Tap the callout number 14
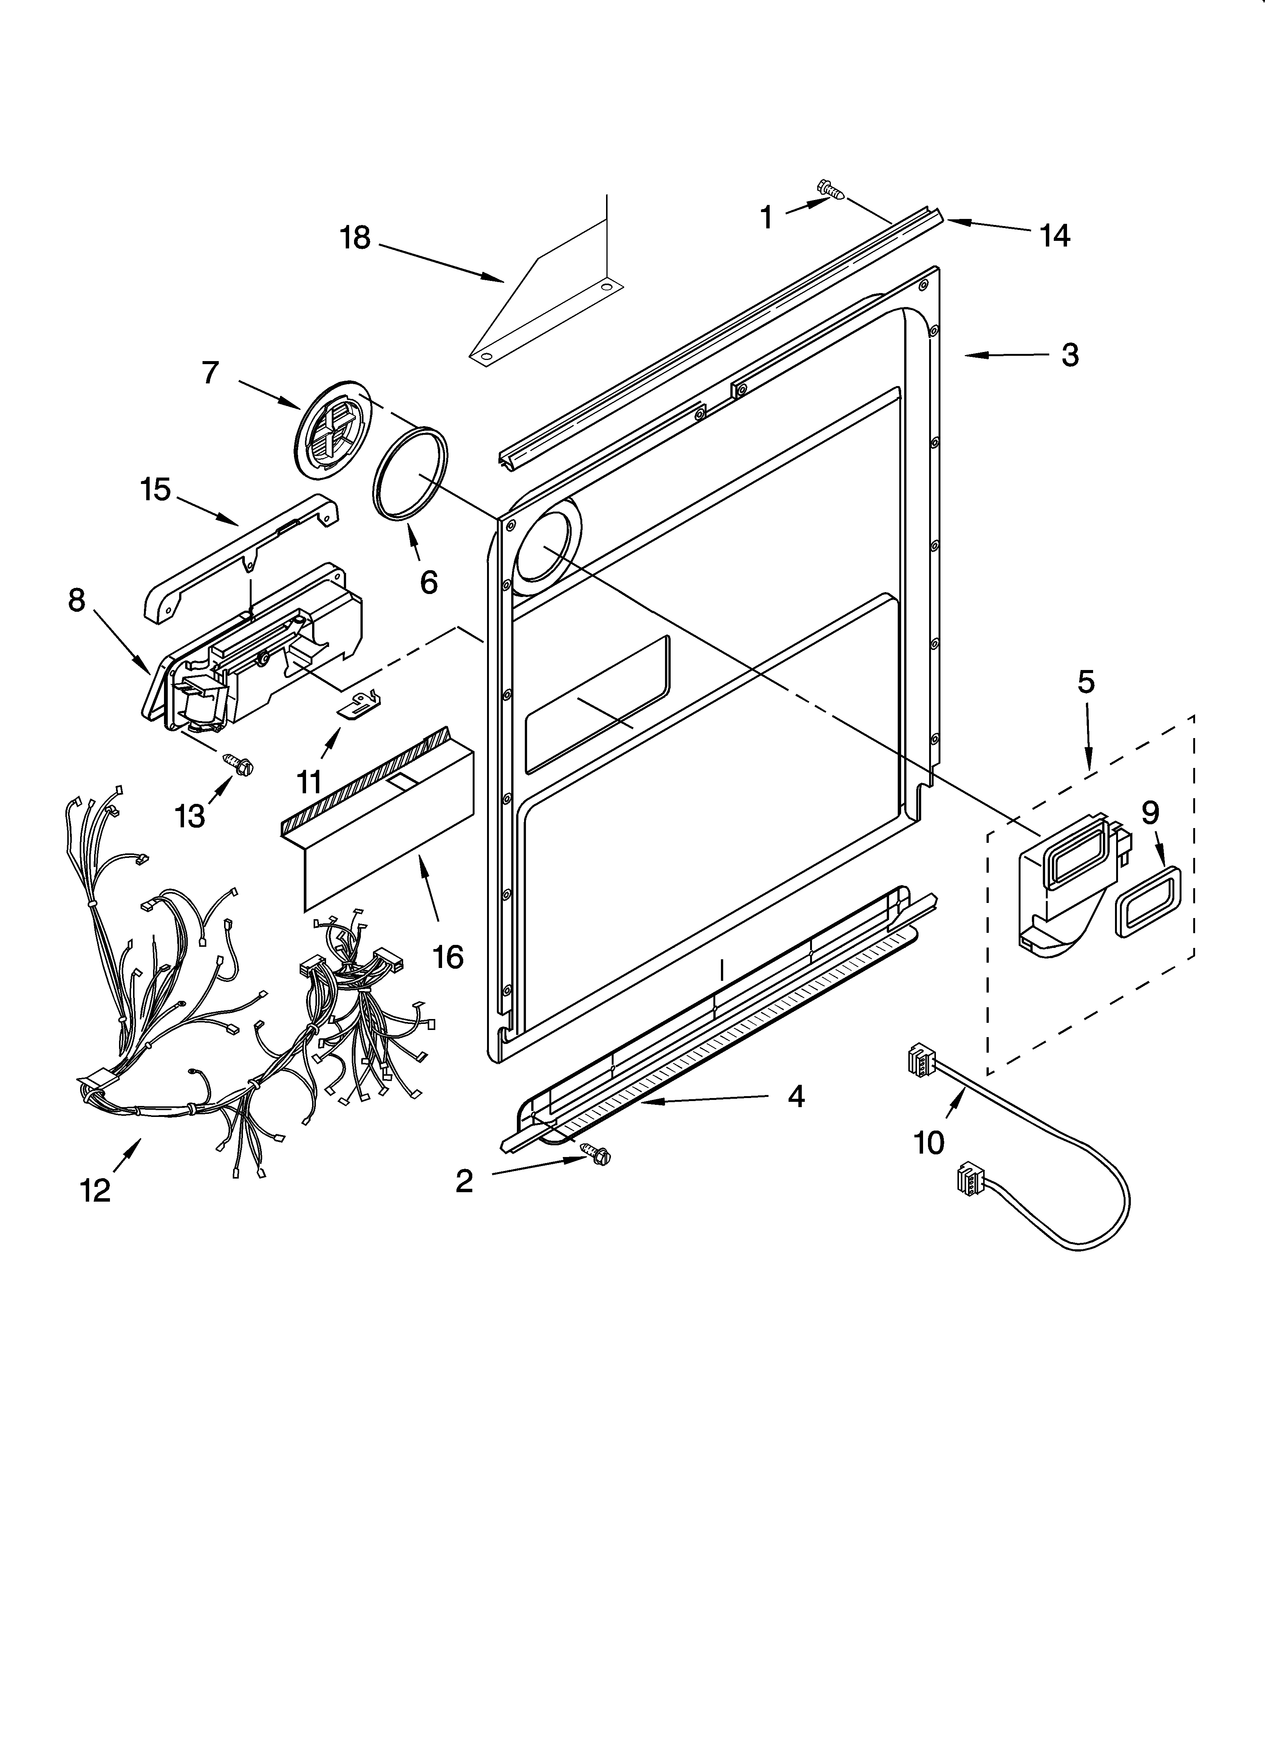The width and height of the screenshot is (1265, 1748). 1055,236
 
